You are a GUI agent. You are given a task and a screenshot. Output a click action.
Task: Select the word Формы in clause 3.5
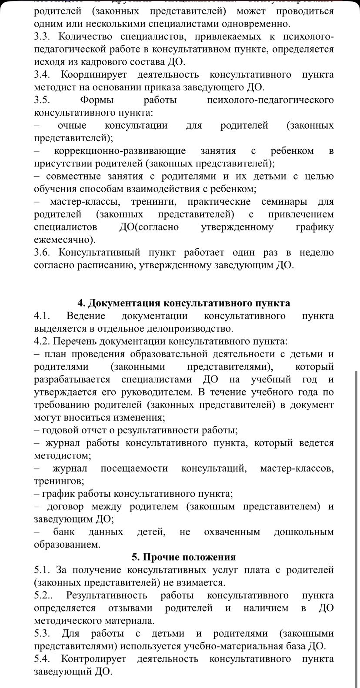coord(97,100)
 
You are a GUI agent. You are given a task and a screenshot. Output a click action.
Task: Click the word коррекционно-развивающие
coord(120,151)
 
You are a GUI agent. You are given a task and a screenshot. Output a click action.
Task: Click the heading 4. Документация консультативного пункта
coord(183,303)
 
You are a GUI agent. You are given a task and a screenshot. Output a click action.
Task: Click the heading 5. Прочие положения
coord(184,557)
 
